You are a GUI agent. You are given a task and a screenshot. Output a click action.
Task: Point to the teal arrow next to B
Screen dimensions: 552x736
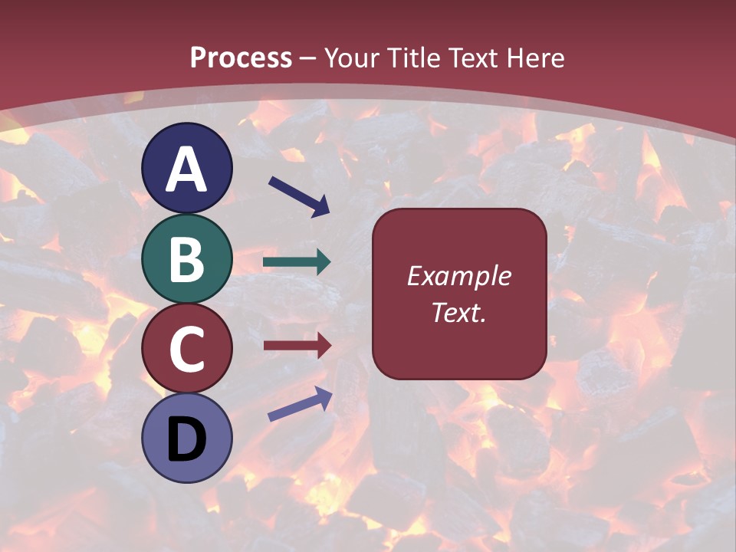point(297,262)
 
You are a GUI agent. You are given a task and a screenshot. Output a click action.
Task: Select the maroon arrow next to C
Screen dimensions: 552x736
point(297,345)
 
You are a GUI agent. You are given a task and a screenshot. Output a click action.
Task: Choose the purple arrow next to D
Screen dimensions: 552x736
point(300,404)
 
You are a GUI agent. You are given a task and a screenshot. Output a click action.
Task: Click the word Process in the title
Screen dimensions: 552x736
point(241,58)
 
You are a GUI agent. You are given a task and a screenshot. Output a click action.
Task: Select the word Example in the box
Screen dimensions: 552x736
point(458,276)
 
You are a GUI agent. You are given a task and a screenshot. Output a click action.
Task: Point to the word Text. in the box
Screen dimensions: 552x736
point(458,312)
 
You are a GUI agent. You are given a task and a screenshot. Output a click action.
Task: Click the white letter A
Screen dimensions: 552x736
point(186,169)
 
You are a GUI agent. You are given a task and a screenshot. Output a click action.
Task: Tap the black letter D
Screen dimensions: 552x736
point(186,439)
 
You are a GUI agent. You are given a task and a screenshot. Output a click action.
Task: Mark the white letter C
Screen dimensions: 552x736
point(186,350)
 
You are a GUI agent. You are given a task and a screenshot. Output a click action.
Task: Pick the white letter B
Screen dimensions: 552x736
point(186,259)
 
